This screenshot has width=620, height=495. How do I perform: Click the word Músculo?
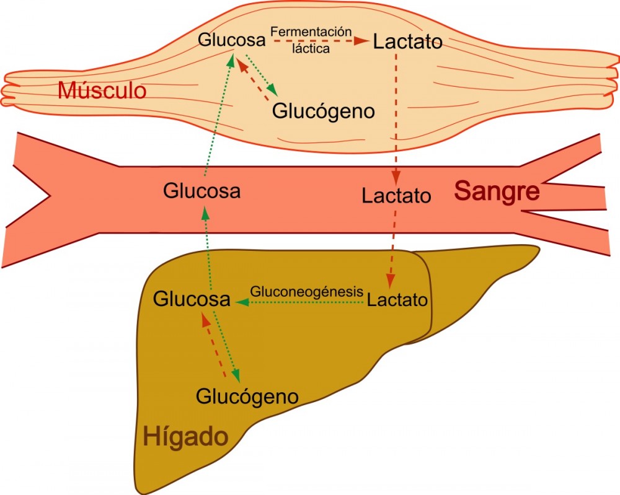coord(102,91)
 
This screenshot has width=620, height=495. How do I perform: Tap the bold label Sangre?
coord(497,191)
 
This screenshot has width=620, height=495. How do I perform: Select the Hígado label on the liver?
coord(186,437)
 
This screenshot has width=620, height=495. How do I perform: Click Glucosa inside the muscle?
coord(232,40)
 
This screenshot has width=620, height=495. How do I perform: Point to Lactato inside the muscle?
coord(408,42)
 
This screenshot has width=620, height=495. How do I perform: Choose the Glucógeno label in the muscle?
coord(324,112)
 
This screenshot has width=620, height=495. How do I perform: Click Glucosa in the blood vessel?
coord(201,191)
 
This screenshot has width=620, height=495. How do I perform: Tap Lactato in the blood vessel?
coord(397,196)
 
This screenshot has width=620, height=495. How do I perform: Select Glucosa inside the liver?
coord(192,300)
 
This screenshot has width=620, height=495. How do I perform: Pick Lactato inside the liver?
coord(397,300)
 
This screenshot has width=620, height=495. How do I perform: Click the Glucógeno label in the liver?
coord(247,396)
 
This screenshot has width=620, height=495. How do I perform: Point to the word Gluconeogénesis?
coord(306,291)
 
